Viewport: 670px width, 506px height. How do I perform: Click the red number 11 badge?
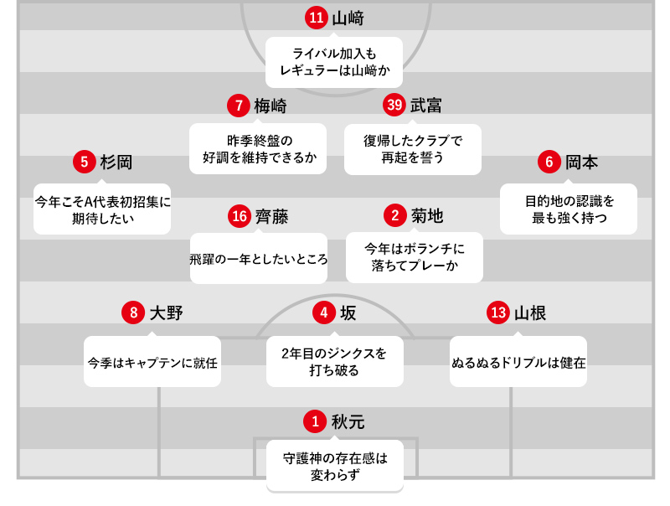tap(316, 18)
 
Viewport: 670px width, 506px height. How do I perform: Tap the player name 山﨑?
tap(348, 18)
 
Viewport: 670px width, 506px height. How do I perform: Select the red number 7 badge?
tap(239, 106)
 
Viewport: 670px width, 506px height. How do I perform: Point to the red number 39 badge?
tap(394, 105)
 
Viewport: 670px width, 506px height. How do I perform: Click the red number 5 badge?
tap(85, 162)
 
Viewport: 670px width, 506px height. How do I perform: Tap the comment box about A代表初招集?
tap(102, 209)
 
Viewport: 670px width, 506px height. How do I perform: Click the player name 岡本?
tap(582, 163)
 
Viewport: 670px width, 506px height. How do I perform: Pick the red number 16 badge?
tap(240, 216)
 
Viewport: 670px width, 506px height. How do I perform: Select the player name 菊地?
tap(427, 216)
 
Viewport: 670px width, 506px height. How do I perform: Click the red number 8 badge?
tap(133, 313)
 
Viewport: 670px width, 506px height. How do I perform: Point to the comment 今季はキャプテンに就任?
tap(152, 362)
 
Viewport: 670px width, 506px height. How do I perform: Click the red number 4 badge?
tap(324, 313)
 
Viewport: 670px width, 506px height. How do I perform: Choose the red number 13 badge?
tap(498, 313)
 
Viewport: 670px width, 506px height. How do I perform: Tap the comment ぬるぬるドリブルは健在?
tap(518, 362)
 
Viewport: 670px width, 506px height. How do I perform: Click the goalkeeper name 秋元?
tap(348, 421)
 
